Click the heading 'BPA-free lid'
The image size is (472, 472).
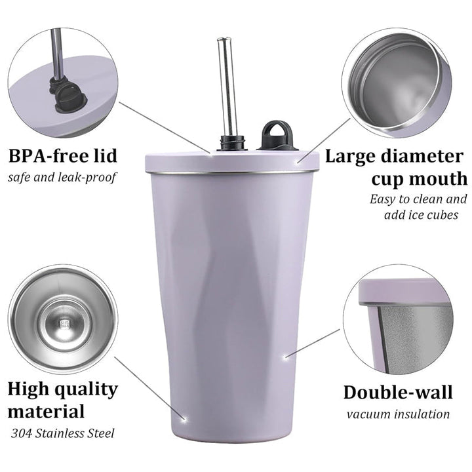point(63,156)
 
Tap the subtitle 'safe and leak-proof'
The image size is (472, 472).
point(62,177)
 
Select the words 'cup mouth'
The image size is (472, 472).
point(420,179)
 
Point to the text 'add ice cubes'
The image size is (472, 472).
point(421,214)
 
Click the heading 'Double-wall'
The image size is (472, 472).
point(398,392)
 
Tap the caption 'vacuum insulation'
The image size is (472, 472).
point(398,414)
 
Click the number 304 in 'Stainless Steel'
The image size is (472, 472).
point(22,433)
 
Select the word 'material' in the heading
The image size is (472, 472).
point(46,411)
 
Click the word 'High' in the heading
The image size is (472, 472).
point(28,389)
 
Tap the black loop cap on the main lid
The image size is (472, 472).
point(277,136)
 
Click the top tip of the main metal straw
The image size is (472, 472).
point(224,38)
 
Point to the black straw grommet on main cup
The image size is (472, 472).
point(232,143)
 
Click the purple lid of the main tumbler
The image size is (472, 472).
point(232,162)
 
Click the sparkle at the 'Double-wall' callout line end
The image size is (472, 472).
point(286,357)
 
